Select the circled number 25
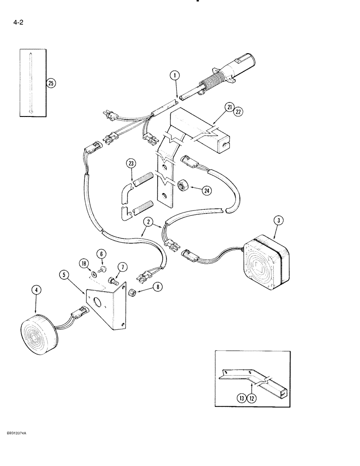point(51,83)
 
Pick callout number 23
point(131,163)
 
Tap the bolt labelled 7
point(112,281)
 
